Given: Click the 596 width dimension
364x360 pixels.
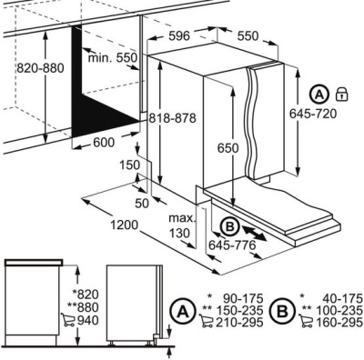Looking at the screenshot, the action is (179, 36).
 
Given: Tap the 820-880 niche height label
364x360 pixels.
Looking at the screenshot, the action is (40, 68).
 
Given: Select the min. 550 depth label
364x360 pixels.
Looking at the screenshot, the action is (113, 57).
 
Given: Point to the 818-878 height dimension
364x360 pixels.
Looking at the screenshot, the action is (172, 118).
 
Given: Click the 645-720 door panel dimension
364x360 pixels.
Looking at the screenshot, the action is (313, 114).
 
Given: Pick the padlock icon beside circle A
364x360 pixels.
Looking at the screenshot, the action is (341, 94).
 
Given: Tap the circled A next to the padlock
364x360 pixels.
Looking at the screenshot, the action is (319, 95).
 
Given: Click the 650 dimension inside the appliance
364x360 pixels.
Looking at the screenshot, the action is (227, 148).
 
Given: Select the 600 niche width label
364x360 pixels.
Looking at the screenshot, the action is (104, 142).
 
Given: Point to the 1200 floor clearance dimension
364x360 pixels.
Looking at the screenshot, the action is (124, 225).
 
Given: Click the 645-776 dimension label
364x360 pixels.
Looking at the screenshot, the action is (232, 245).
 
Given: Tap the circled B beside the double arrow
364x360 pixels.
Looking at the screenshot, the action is (230, 226).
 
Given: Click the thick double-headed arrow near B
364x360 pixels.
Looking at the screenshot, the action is (254, 234).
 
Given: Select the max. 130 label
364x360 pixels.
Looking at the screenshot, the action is (182, 225).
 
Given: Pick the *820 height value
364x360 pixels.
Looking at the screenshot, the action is (86, 294).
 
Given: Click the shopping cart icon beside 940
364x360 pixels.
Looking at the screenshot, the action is (68, 319).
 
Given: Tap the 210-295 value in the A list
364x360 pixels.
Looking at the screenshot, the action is (239, 323).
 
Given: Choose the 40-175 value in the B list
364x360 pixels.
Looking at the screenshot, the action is (342, 298).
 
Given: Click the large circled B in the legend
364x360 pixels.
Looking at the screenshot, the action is (283, 311).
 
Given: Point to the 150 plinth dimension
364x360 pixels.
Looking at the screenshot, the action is (129, 165).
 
